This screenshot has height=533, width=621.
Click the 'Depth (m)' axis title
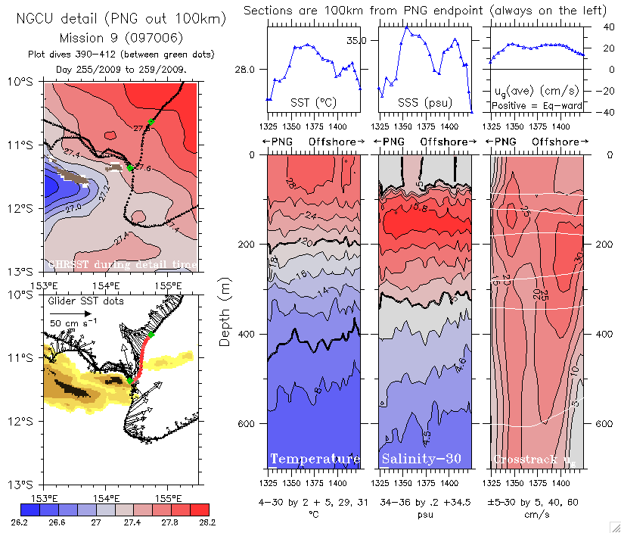225,307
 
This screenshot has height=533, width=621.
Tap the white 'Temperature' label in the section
315,460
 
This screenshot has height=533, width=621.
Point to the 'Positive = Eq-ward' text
537,106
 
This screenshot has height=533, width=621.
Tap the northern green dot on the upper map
151,122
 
